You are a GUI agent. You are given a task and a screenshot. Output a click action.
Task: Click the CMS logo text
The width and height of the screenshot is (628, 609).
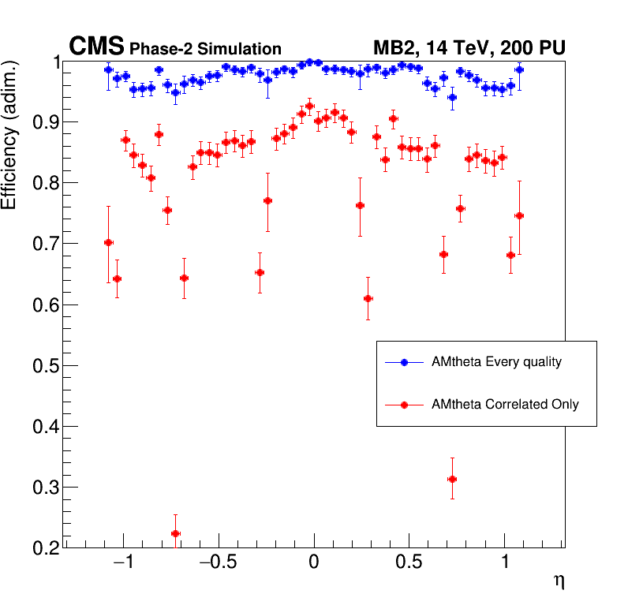96,47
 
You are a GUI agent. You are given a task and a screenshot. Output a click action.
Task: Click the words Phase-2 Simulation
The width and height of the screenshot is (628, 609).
205,49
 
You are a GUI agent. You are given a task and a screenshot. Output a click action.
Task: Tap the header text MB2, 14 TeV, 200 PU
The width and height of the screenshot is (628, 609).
469,48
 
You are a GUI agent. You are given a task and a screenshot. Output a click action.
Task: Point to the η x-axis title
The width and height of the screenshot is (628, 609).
559,581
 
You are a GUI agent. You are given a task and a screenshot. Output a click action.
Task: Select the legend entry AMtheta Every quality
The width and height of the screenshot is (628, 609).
496,362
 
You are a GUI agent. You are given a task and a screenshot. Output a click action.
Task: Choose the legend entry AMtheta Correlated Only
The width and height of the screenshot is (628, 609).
505,404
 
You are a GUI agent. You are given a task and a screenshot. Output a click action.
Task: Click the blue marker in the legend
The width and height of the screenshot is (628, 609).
404,362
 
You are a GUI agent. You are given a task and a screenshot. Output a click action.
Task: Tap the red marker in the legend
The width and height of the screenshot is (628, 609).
404,405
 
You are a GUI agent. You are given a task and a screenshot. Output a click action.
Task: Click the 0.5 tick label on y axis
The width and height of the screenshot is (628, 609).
43,366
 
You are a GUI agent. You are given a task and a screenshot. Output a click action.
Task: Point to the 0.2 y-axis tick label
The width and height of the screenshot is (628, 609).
43,548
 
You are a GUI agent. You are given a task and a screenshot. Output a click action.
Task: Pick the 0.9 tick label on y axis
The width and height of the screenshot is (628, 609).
43,122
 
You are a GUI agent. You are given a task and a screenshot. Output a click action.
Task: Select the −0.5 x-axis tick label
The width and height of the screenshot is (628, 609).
217,565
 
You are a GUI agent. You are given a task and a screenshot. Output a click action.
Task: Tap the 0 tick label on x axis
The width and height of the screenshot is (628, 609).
314,565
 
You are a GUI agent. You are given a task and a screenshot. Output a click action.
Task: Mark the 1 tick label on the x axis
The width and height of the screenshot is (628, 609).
505,565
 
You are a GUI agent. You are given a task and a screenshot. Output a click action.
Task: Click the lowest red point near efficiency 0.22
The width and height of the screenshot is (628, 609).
175,533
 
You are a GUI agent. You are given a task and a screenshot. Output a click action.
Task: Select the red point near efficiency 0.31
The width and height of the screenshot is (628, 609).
452,479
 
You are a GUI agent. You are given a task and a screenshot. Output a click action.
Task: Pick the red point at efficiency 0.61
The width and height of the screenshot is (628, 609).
368,298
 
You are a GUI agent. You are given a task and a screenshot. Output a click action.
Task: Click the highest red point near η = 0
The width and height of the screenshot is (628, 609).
309,106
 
